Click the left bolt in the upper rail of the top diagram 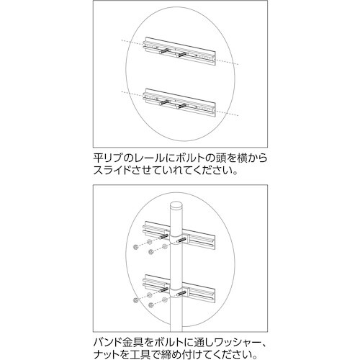pos(167,52)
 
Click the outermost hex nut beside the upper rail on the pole pos(136,248)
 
